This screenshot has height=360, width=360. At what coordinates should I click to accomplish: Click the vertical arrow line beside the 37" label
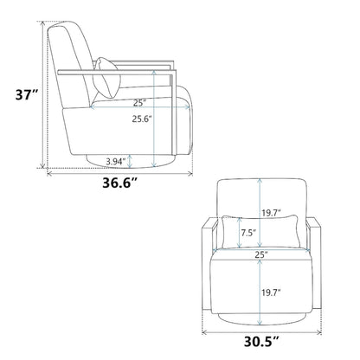point(40,94)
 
